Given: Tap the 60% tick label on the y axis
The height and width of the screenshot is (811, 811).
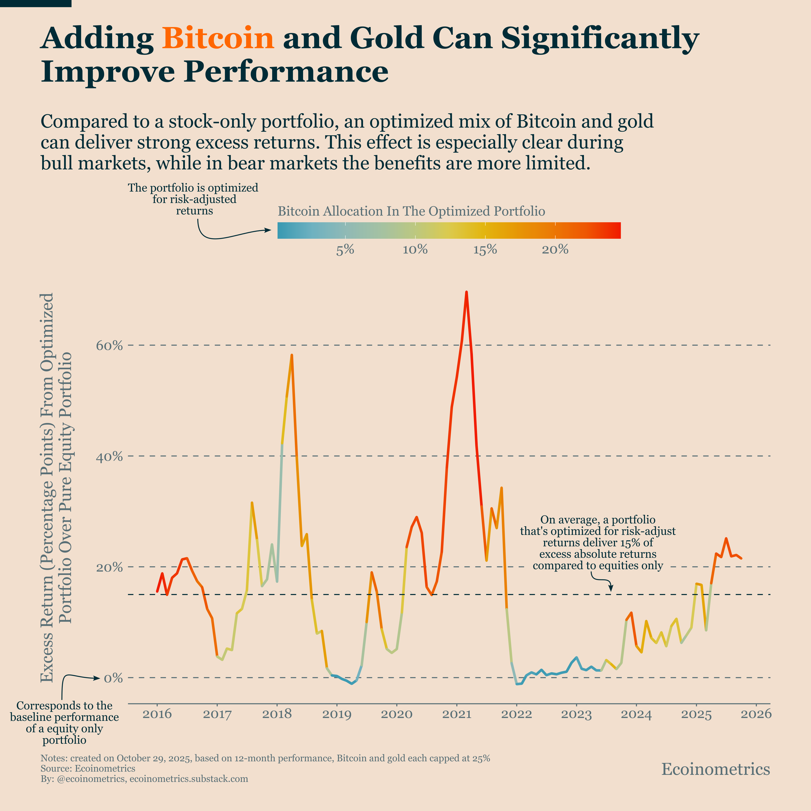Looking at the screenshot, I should pos(110,346).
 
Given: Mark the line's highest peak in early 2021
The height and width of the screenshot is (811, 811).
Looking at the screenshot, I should pos(466,292).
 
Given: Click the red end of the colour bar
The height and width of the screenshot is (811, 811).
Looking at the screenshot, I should pos(615,231).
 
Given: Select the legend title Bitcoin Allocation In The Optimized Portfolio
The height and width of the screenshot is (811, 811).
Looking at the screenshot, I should pos(411,211).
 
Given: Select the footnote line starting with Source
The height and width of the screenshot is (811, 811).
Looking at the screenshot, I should pos(88,769).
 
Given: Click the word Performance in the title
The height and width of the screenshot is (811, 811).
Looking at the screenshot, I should pos(285,72).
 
